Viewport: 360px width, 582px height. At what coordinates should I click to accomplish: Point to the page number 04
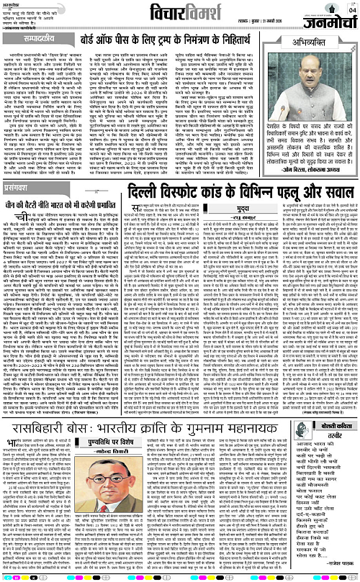[x=351, y=9]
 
